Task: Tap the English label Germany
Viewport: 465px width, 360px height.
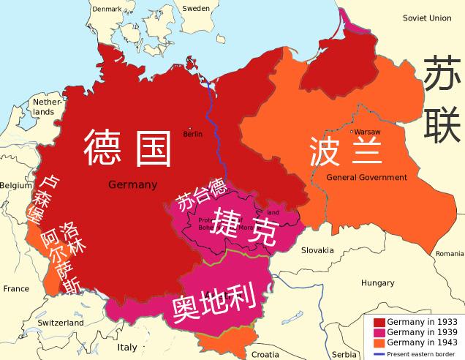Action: coord(132,184)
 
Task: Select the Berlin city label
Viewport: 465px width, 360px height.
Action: coord(192,134)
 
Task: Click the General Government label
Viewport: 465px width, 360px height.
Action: coord(366,178)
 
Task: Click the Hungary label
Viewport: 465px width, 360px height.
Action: coord(377,282)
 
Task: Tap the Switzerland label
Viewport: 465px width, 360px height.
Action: coord(61,323)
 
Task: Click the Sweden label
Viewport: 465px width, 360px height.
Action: coord(195,8)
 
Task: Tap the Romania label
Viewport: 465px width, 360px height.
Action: coord(449,253)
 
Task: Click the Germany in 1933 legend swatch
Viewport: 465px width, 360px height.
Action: coord(379,322)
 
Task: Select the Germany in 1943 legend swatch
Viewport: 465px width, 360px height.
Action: coord(379,342)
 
